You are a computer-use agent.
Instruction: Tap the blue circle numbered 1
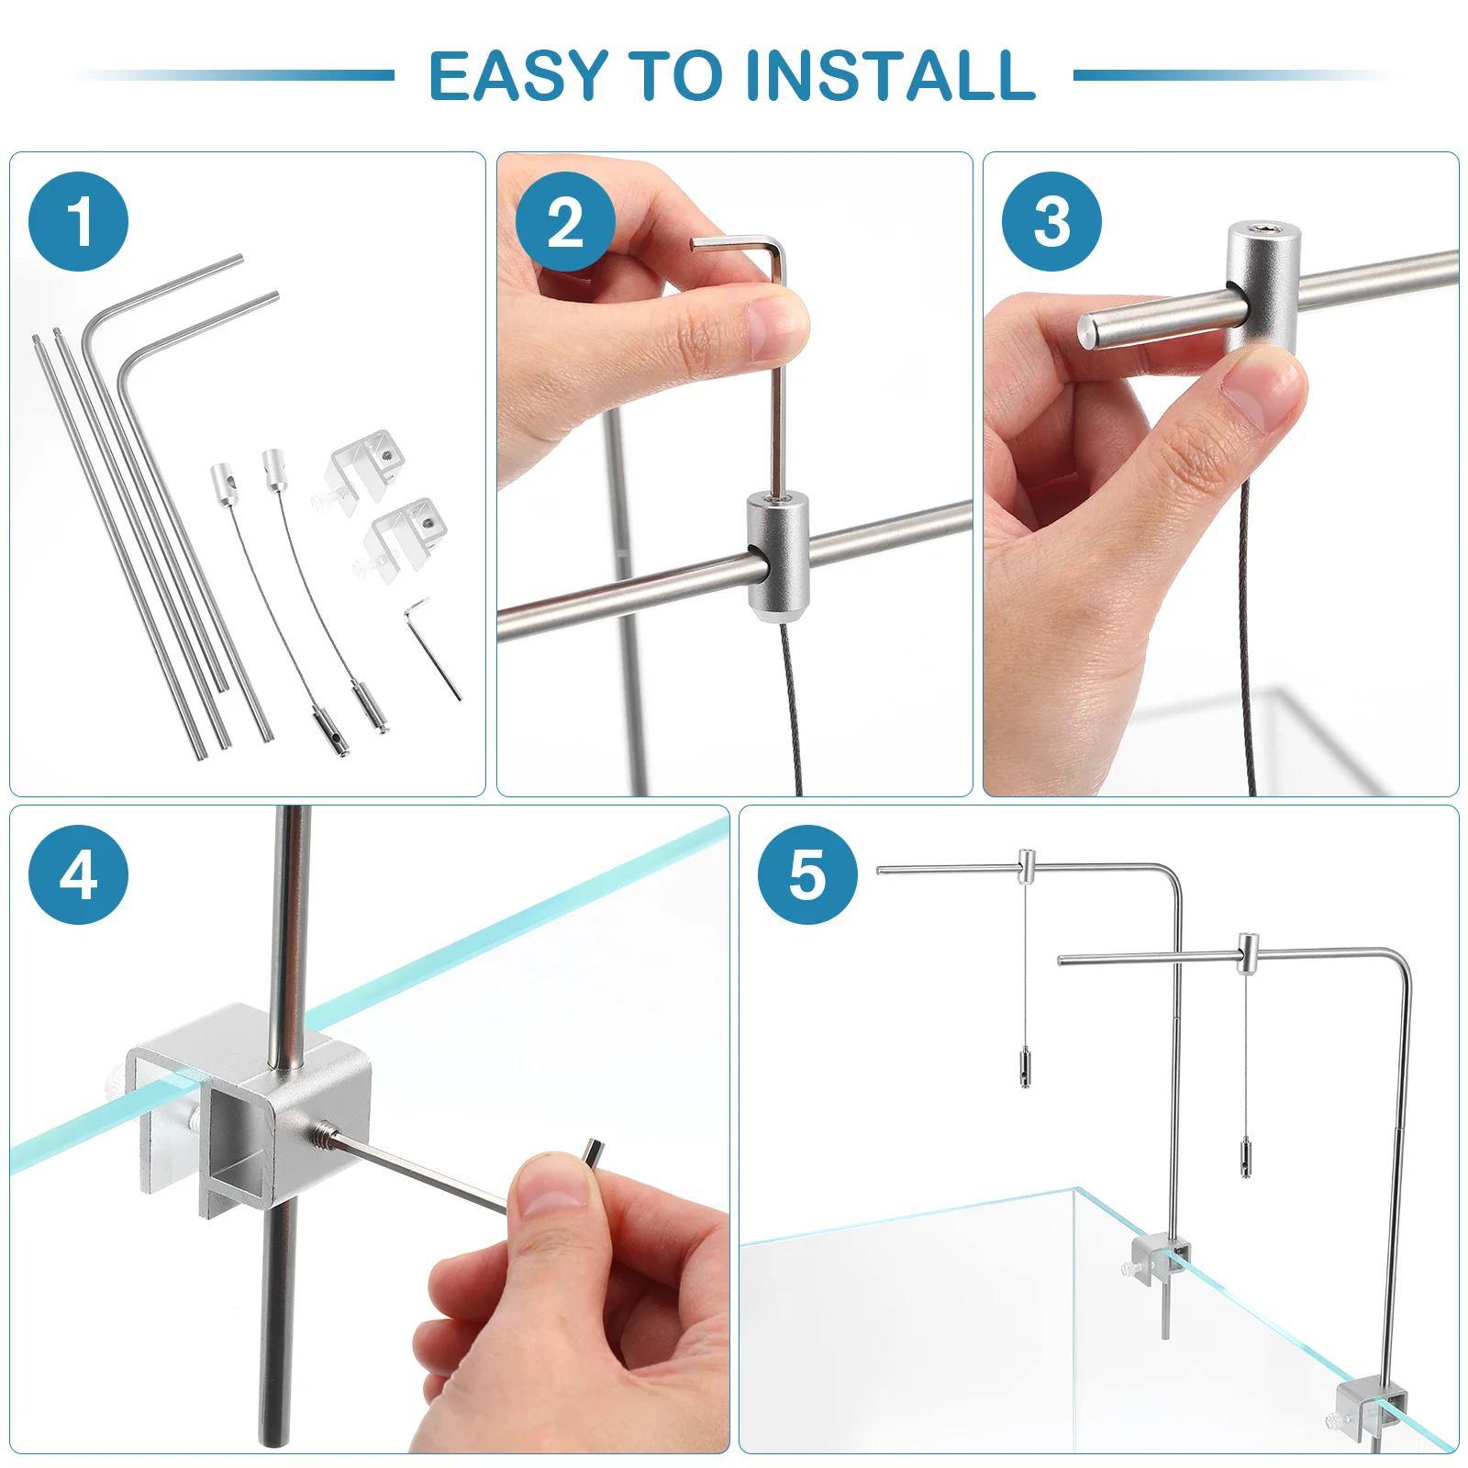(x=79, y=222)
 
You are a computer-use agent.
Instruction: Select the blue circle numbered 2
(x=565, y=222)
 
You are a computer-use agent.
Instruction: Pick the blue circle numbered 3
(x=1051, y=222)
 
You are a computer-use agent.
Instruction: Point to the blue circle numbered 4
(x=79, y=874)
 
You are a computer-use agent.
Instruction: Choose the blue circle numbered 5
(x=807, y=874)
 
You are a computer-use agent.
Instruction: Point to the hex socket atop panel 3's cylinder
(x=1264, y=228)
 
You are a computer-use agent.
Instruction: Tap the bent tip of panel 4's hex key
(x=593, y=1151)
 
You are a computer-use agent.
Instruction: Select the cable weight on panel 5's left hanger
(x=1025, y=1067)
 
